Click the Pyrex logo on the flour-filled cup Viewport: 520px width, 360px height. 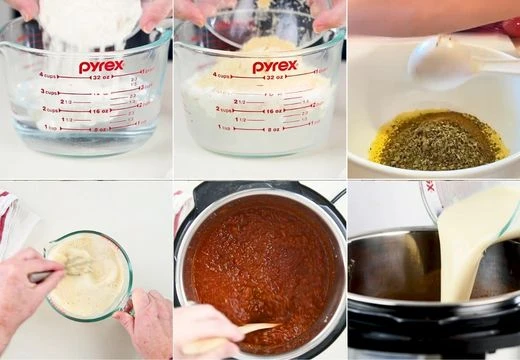101,66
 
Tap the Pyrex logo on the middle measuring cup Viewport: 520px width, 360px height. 274,67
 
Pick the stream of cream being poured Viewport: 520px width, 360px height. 470,250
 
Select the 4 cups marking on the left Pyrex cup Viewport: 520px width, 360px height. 49,75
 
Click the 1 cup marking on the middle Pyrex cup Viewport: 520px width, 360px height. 225,127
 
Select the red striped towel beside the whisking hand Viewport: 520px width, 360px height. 15,220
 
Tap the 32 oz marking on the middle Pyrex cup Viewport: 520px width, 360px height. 272,77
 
